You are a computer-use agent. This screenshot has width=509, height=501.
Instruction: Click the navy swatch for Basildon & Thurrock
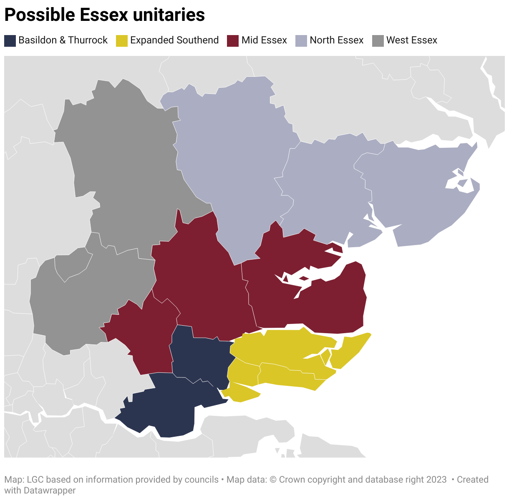10,40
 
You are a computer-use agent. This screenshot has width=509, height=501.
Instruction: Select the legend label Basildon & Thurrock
63,40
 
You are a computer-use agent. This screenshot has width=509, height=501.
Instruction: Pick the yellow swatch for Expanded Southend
121,40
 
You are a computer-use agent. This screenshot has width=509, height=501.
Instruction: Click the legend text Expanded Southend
174,40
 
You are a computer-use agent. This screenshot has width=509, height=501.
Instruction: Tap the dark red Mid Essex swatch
233,40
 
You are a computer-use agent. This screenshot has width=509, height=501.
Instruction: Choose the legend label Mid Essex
264,40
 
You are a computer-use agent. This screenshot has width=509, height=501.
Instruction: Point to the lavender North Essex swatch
301,40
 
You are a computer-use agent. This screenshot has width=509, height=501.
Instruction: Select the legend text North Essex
337,40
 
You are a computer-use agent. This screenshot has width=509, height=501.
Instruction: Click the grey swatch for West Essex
378,40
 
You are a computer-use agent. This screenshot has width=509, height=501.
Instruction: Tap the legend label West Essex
411,40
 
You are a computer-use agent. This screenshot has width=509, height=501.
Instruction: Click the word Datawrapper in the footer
50,490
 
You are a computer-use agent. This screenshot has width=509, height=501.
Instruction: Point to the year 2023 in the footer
436,480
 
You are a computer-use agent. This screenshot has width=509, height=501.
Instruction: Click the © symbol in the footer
273,480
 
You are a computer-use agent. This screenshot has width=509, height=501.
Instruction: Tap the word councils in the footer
202,480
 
